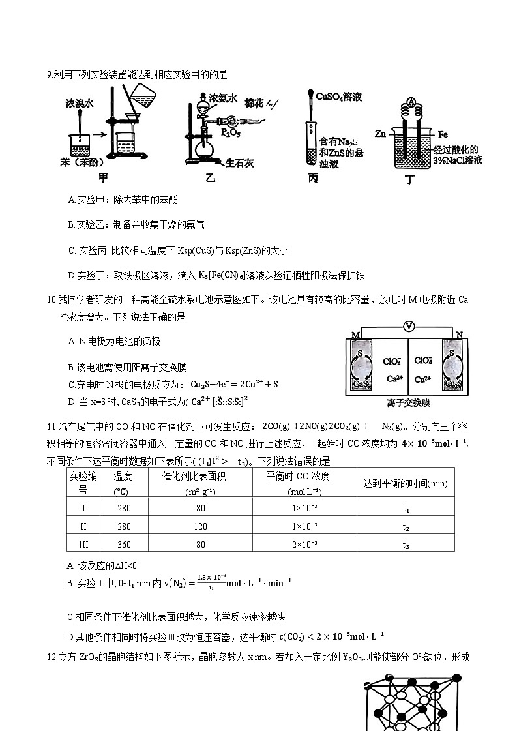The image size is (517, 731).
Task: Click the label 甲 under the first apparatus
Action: (x=103, y=177)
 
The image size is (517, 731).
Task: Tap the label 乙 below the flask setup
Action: (x=211, y=177)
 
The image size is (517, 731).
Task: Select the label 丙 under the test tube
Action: (x=314, y=177)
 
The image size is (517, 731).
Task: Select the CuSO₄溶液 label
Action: (x=339, y=97)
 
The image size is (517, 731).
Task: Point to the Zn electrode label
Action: (x=381, y=133)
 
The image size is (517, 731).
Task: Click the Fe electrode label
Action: (x=443, y=134)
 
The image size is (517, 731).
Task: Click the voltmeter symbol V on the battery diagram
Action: (x=409, y=325)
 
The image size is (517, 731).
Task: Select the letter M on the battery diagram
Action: (x=355, y=335)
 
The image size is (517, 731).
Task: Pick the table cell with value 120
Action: (x=201, y=526)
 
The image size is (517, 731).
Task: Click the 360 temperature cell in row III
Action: (x=124, y=545)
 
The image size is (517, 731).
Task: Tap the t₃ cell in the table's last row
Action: (x=406, y=545)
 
